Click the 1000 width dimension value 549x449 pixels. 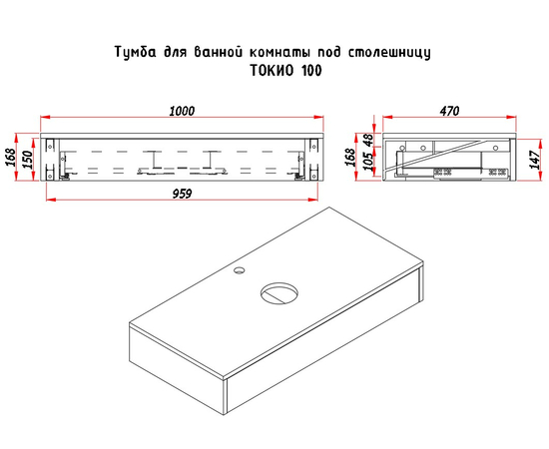[182, 111]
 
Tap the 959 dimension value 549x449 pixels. [182, 194]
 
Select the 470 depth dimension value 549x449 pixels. [449, 111]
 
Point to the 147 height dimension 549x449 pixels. [535, 160]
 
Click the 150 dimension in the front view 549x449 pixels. [27, 160]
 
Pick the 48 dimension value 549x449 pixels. [368, 141]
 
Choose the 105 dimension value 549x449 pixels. [368, 162]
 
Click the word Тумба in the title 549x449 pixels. [136, 52]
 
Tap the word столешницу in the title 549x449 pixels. [389, 53]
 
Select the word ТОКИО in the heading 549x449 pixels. [273, 71]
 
